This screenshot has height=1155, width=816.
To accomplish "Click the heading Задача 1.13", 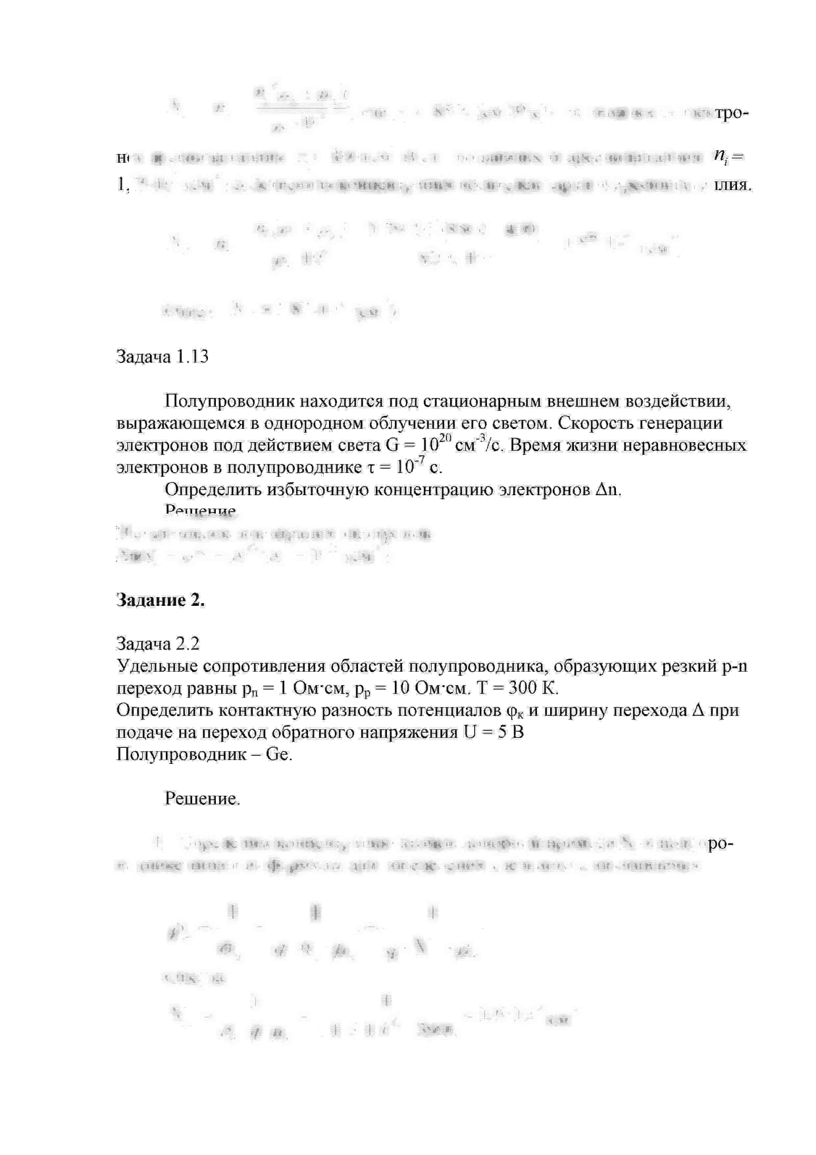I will coord(162,357).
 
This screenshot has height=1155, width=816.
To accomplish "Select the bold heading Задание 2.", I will coord(160,600).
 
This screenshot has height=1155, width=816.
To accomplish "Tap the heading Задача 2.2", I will coord(158,643).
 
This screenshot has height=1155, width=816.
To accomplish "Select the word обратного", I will coord(314,733).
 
